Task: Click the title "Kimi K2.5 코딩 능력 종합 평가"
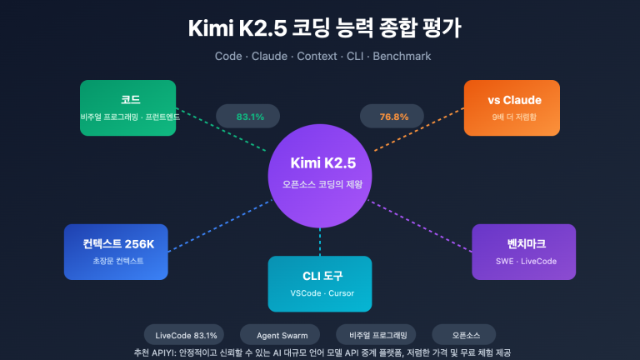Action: click(x=320, y=27)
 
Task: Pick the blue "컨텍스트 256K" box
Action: click(x=115, y=251)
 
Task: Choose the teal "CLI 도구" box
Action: click(x=319, y=283)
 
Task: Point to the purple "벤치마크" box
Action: click(x=522, y=252)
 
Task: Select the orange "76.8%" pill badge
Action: click(x=394, y=117)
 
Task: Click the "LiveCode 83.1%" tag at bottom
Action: click(x=186, y=335)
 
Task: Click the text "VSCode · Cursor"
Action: click(x=319, y=293)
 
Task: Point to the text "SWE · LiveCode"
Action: click(x=522, y=261)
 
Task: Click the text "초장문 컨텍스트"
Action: click(x=115, y=261)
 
